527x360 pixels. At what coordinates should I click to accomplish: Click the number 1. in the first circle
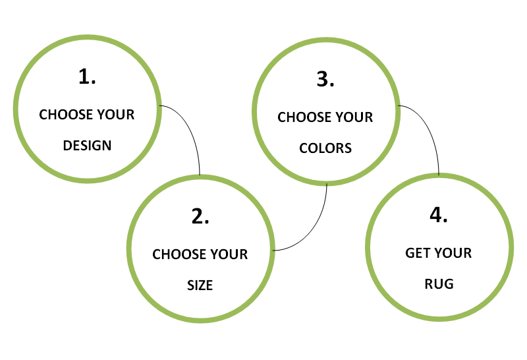87,77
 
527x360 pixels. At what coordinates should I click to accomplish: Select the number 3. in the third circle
325,80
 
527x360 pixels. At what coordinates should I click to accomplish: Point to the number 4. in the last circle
439,215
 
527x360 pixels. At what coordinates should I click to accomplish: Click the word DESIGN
87,146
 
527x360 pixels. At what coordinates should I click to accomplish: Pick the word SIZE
200,286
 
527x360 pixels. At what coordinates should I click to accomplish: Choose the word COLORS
325,148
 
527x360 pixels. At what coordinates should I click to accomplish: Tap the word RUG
439,285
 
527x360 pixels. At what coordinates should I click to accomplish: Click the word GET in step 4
418,253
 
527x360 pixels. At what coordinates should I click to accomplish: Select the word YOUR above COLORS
354,118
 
